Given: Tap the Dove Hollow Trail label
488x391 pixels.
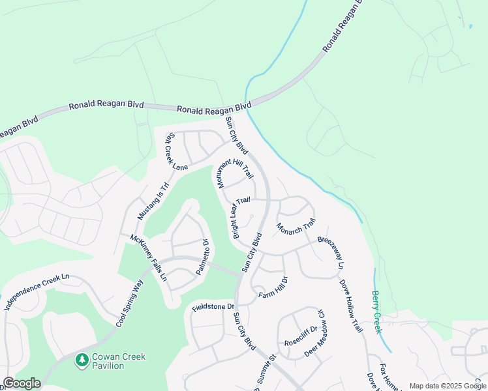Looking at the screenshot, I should [x=350, y=306].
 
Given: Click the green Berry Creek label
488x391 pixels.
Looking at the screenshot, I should [x=376, y=312].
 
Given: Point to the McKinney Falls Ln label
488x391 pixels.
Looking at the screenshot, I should [x=148, y=257].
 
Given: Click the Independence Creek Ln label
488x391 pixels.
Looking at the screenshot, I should [x=37, y=291].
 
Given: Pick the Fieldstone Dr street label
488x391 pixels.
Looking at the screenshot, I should [x=213, y=306].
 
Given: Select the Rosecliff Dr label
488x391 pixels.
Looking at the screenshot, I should [x=300, y=336].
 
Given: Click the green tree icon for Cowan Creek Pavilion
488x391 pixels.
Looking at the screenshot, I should [x=82, y=360].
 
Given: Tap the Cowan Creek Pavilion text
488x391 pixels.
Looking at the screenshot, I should [x=118, y=361].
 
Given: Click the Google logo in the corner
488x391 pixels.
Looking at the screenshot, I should [x=21, y=383].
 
